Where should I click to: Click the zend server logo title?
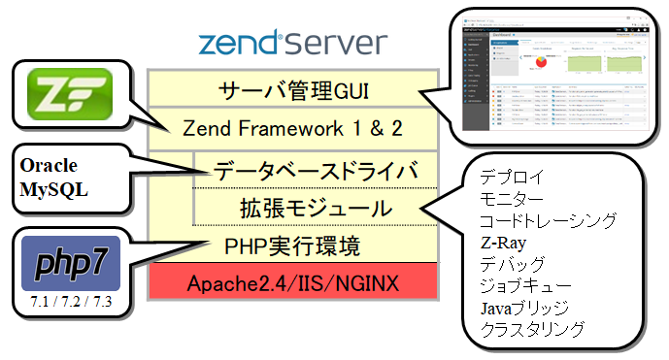[291, 45]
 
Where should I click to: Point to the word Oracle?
[48, 165]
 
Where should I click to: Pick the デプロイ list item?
[512, 178]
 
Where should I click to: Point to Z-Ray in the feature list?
[504, 243]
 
